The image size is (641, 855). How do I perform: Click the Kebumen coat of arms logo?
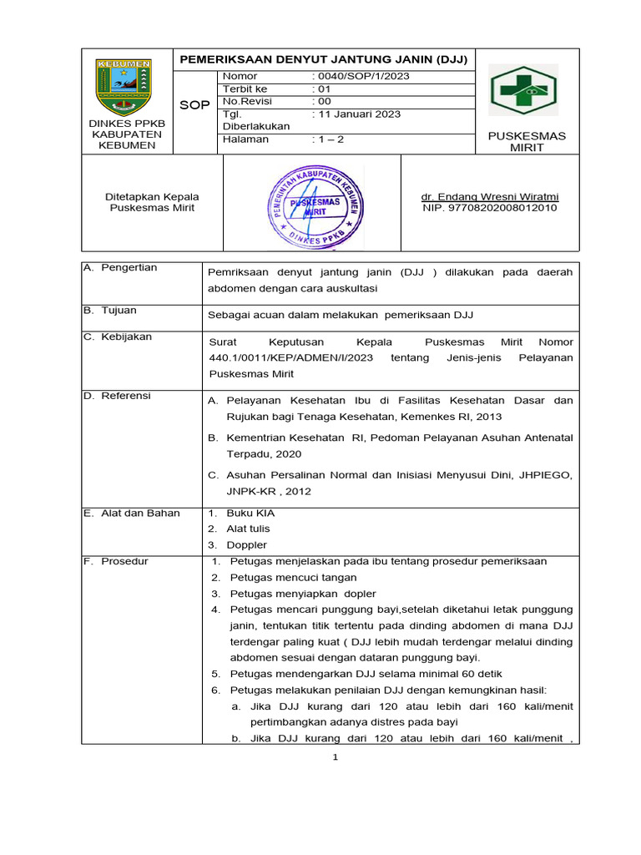(124, 87)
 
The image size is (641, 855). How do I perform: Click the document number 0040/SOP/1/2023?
(361, 76)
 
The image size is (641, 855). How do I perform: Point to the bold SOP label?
(194, 105)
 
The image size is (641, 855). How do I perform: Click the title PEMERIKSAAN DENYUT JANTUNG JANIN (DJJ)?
(324, 59)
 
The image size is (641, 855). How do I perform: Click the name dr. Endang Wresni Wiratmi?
(490, 197)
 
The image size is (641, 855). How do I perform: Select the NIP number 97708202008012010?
(490, 208)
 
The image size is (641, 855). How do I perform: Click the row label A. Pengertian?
(120, 267)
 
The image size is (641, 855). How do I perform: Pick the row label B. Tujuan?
(111, 310)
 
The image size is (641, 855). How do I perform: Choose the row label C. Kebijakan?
(117, 336)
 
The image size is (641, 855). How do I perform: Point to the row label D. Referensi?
(117, 396)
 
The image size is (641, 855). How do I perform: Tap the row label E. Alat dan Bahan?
(132, 513)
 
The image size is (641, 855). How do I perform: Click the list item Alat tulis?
(248, 529)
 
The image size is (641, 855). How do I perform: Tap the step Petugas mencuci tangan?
(293, 577)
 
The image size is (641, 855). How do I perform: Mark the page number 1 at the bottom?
(335, 756)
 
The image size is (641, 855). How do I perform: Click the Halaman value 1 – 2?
(328, 139)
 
